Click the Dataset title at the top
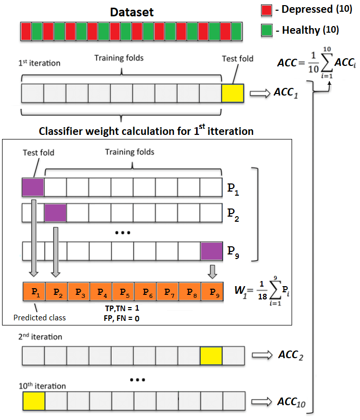(132, 11)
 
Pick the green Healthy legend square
(266, 30)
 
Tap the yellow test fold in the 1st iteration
(233, 94)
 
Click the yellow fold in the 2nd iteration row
(211, 355)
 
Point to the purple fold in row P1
(33, 188)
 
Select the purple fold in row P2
(55, 212)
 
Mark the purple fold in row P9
(211, 251)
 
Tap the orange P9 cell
(211, 293)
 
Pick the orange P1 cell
(34, 293)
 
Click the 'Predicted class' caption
(40, 317)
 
